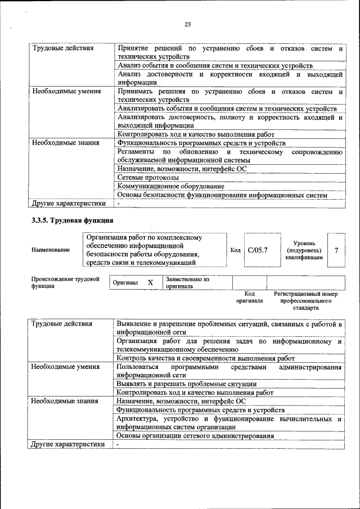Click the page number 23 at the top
click(x=187, y=24)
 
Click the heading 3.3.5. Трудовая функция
click(x=73, y=220)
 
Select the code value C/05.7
click(x=258, y=250)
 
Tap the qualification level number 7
click(x=336, y=250)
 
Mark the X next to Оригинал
click(x=150, y=283)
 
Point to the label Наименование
click(x=51, y=250)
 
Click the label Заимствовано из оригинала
click(x=187, y=282)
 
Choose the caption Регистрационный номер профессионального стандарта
click(x=305, y=301)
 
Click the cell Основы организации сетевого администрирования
click(x=195, y=435)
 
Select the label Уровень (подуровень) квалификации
click(x=304, y=250)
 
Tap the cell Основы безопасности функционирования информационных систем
click(x=222, y=195)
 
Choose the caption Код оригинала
click(x=250, y=298)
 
